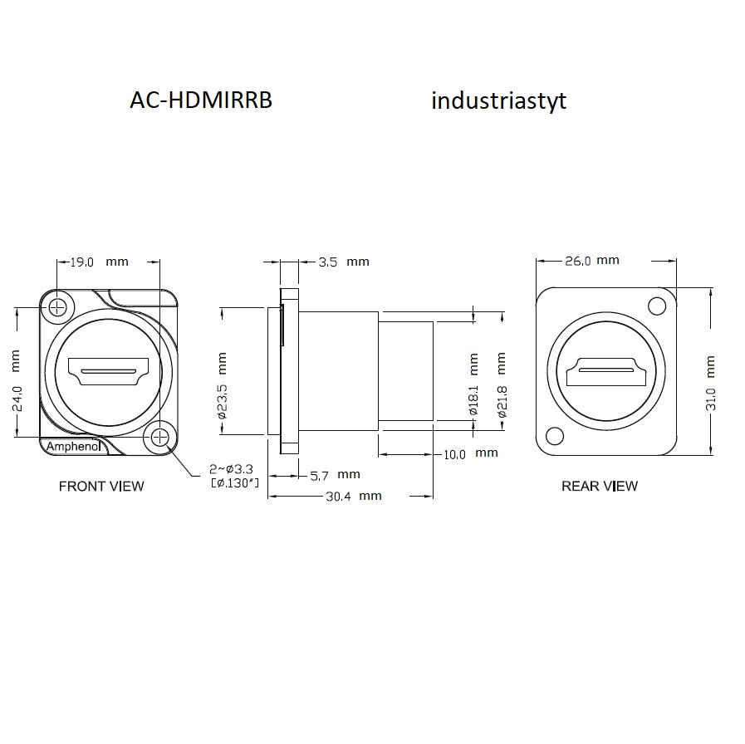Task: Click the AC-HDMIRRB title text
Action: (201, 100)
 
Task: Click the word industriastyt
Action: (499, 100)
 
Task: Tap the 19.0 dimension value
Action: (81, 262)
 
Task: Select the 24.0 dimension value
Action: (17, 399)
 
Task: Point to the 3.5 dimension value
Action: (328, 262)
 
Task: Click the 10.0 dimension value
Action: (454, 455)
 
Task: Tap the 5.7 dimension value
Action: (319, 476)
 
